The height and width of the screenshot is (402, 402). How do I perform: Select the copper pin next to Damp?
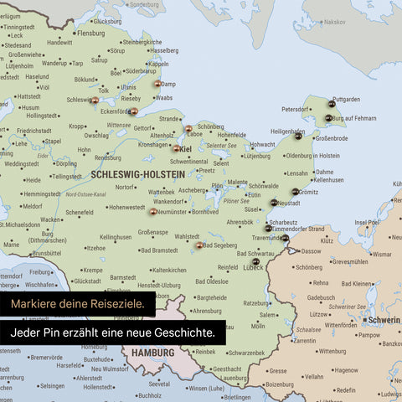[157, 84]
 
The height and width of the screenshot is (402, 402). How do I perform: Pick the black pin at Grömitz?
[295, 191]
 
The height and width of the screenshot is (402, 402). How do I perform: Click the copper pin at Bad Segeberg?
[199, 245]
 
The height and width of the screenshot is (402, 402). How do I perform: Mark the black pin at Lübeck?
[255, 262]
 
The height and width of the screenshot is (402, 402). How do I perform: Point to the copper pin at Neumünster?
[153, 212]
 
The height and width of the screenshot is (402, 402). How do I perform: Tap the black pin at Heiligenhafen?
[297, 137]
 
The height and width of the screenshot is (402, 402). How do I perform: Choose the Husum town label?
[30, 107]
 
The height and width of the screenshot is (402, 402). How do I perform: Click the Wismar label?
[382, 254]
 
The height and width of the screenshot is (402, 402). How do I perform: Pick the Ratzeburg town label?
[257, 303]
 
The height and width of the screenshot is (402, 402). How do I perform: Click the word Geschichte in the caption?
[183, 333]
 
